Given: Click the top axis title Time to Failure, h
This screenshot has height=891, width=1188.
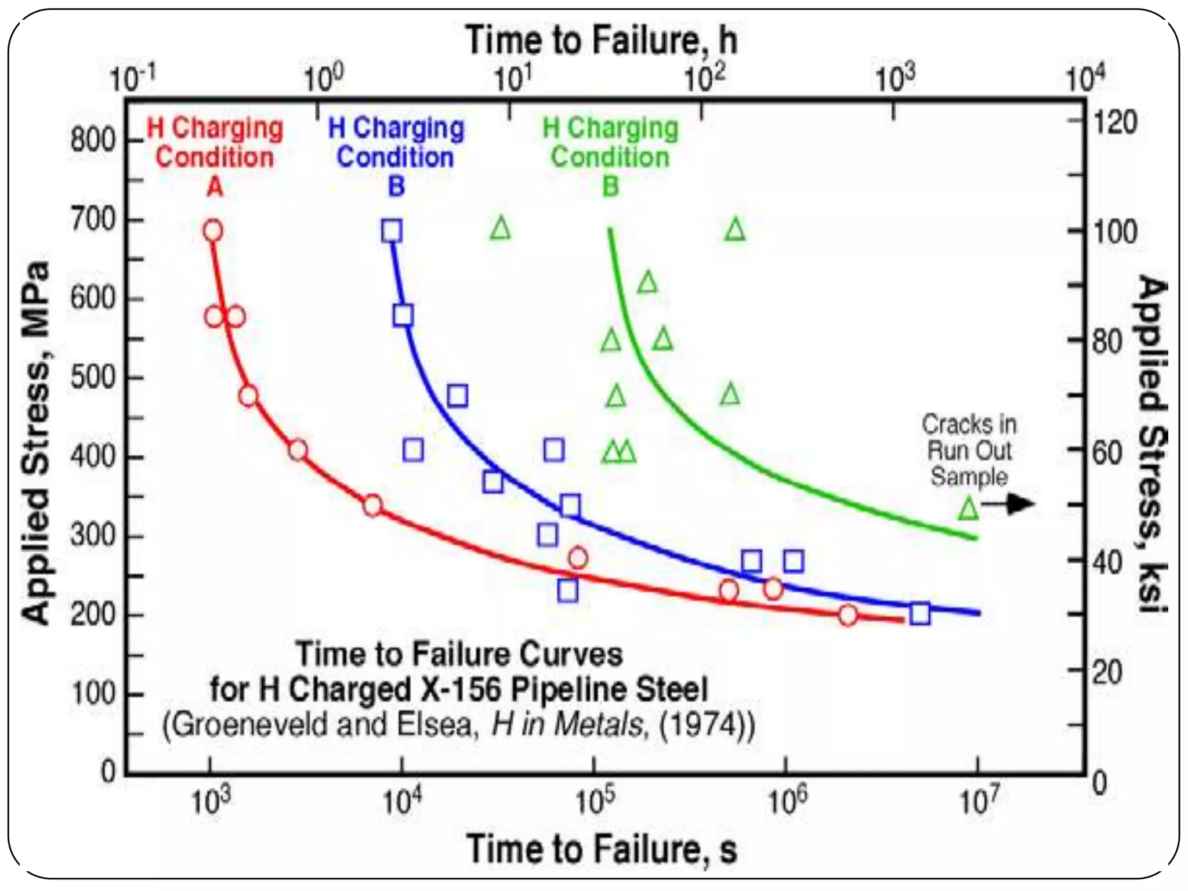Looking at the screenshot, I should pos(602,41).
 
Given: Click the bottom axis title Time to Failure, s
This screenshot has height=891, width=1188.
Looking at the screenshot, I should pos(602,850).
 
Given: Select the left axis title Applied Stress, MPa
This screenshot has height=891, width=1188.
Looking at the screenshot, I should pos(36,444).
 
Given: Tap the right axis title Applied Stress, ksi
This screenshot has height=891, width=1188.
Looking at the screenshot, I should pos(1151,444).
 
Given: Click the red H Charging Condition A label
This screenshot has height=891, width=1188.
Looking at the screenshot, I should pos(215,157).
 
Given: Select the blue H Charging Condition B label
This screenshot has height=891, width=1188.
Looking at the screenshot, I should pos(396,157).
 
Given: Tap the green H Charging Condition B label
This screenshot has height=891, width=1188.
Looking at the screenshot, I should pos(610,157).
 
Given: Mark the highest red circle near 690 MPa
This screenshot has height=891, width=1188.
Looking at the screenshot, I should pos(213,231).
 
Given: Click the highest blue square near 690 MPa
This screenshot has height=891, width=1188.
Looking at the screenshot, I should pos(392,231).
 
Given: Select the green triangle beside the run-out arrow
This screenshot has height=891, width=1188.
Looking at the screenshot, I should pos(968,509).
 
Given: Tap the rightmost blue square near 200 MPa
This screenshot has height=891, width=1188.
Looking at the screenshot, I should pos(920,613).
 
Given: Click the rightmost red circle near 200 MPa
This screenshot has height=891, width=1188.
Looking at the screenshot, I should pos(847,615).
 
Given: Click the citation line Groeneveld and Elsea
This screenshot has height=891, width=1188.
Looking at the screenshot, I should pos(458,725).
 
